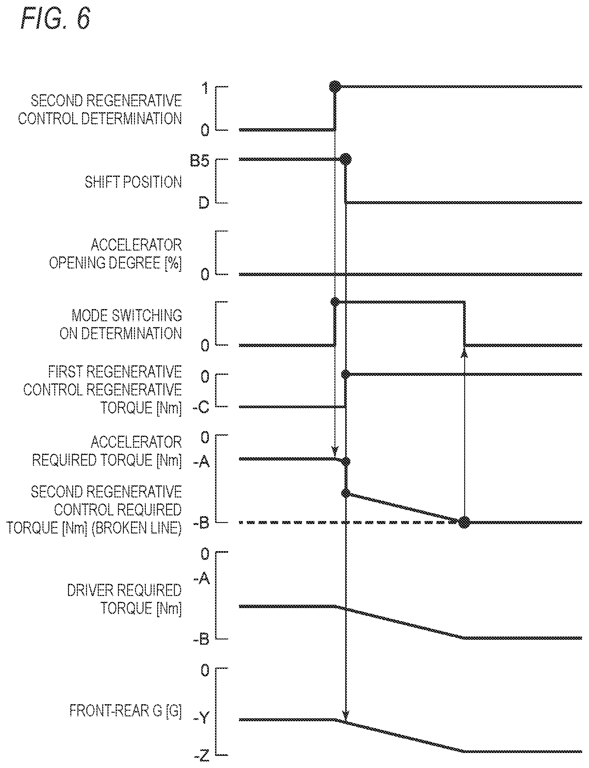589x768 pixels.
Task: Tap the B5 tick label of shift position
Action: pos(199,161)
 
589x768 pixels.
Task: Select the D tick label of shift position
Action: pos(204,202)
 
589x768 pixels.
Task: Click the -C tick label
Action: pos(201,407)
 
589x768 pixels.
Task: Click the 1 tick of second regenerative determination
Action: pos(206,88)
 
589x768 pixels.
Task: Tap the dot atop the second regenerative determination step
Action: pos(335,86)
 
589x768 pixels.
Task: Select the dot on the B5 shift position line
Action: pos(346,159)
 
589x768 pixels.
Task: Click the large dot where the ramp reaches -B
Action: pos(464,522)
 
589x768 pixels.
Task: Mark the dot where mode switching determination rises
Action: pos(335,302)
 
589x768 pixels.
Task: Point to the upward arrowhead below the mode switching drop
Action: pos(464,353)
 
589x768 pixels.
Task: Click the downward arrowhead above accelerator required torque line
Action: pos(335,450)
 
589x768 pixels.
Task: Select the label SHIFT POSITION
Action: pos(133,182)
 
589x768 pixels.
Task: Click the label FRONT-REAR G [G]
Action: pos(126,711)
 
